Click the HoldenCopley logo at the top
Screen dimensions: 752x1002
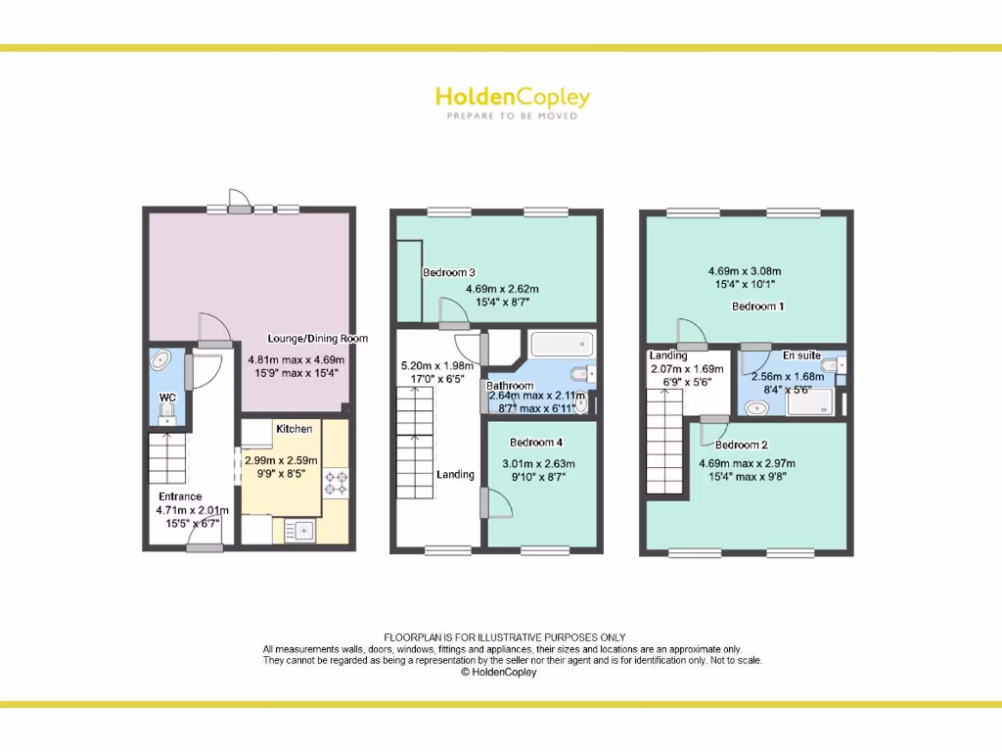point(512,97)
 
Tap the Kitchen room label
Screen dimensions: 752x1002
point(295,429)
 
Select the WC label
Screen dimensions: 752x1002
point(167,398)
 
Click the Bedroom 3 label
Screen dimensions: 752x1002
point(449,272)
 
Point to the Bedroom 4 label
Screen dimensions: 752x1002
point(536,442)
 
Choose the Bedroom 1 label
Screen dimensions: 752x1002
point(758,306)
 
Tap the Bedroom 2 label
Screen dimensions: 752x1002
point(741,445)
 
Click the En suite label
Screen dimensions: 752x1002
point(801,355)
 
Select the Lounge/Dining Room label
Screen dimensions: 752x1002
point(318,339)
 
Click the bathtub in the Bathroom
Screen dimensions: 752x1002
point(562,344)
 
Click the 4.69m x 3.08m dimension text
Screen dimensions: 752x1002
point(745,272)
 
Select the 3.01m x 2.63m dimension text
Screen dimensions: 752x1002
point(538,464)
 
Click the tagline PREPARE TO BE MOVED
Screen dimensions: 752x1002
point(512,117)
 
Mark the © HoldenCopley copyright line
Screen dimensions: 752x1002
point(499,673)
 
